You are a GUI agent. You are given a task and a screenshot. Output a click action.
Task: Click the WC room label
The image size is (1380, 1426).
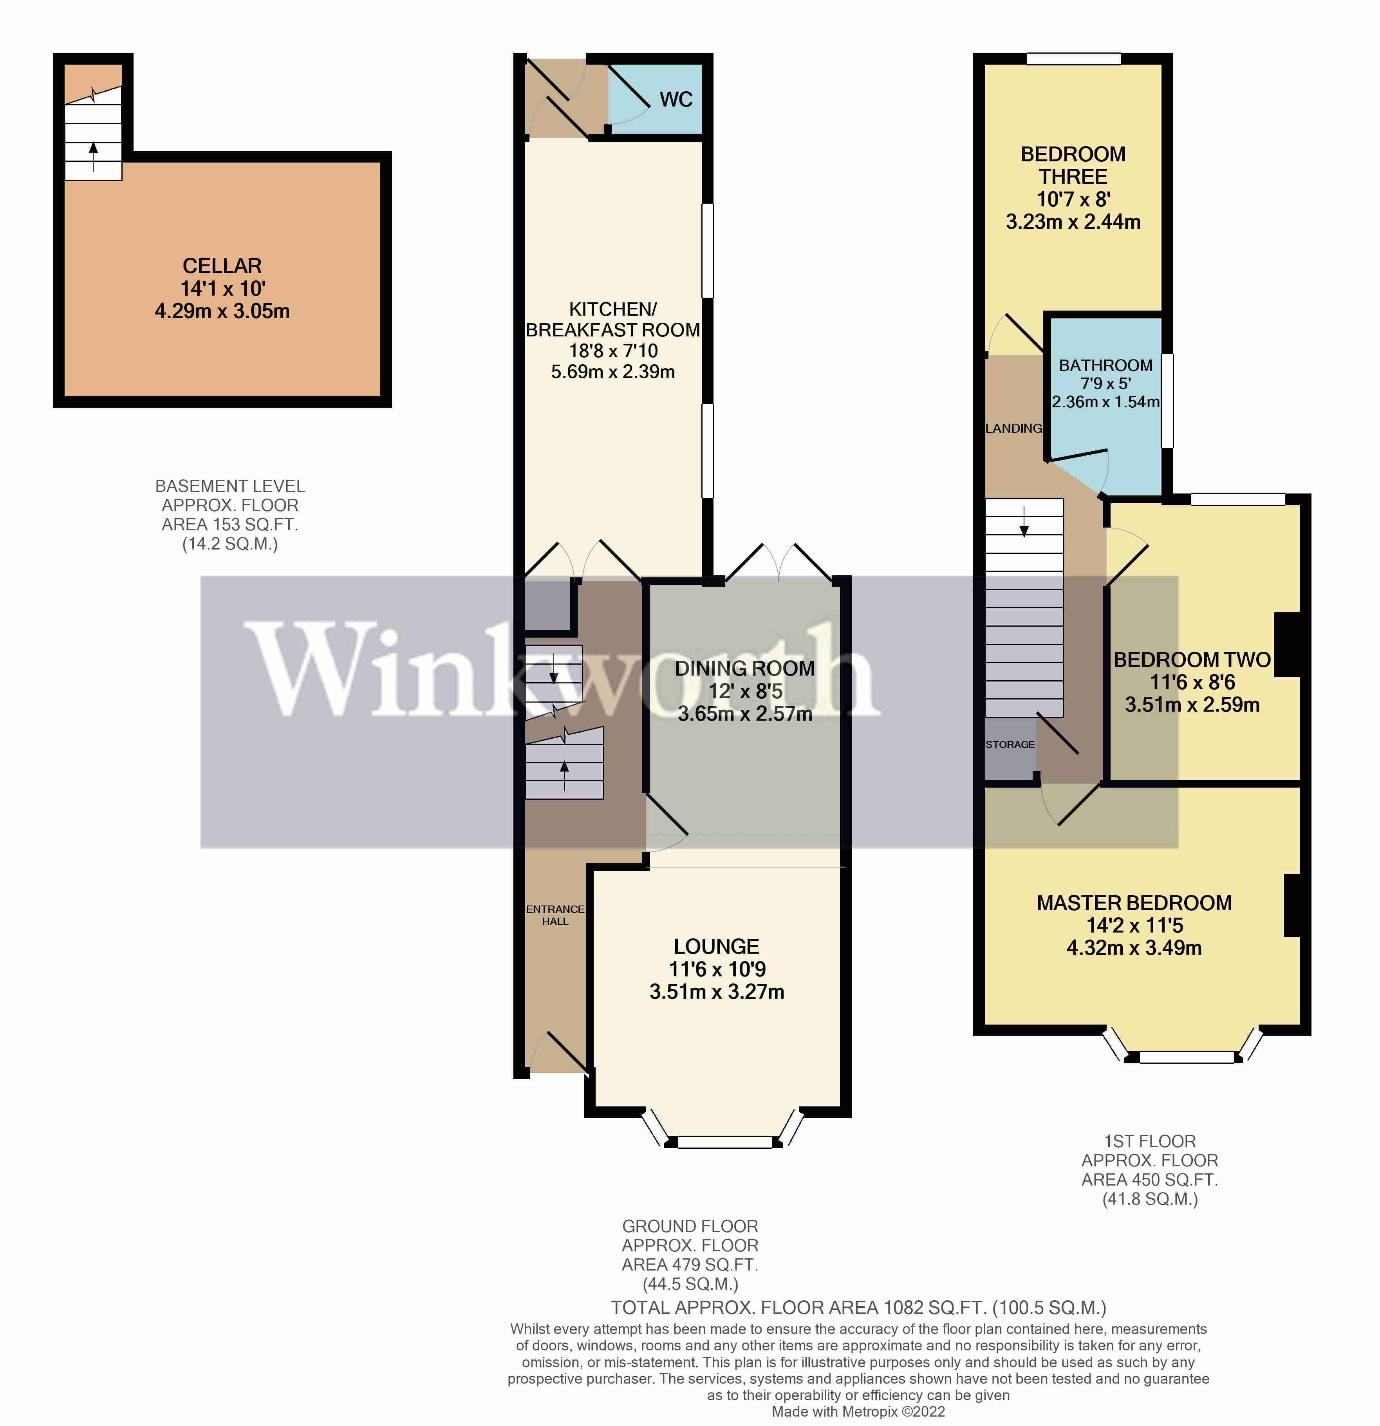tap(676, 99)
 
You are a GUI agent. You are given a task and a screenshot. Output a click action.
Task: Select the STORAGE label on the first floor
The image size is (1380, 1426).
tap(1010, 744)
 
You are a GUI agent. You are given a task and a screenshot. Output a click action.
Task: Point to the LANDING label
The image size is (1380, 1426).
tap(1013, 428)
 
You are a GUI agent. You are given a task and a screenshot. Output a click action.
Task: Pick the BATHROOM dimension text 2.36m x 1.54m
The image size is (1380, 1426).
tap(1106, 401)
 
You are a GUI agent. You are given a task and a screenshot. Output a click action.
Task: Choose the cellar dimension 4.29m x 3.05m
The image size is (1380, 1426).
tap(222, 311)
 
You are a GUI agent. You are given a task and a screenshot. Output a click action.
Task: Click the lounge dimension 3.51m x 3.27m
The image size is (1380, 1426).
tap(717, 992)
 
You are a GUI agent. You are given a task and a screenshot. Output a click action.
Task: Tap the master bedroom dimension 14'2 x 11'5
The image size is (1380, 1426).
tap(1134, 925)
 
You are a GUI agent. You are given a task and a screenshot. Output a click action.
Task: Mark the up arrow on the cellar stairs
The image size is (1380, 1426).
tap(93, 156)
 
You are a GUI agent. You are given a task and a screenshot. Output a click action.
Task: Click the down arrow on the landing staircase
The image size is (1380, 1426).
tap(1024, 522)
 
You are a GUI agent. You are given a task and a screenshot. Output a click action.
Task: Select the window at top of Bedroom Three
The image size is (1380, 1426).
tap(1074, 59)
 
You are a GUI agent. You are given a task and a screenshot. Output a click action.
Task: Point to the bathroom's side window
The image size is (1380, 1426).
tap(1167, 400)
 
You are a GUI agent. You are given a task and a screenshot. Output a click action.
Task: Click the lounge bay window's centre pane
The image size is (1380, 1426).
tap(724, 1142)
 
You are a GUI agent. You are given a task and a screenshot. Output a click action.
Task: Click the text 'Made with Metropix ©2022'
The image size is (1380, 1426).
tap(858, 1412)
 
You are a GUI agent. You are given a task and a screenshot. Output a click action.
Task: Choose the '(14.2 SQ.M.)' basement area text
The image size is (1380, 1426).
tap(230, 544)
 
